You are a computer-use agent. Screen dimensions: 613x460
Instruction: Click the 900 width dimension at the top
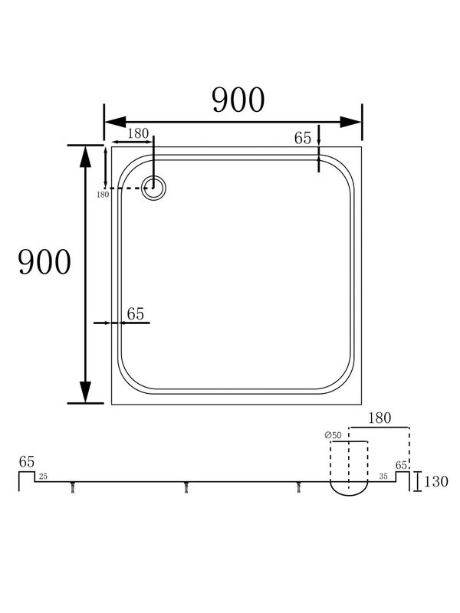click(238, 100)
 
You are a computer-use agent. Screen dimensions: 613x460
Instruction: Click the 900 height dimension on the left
click(44, 263)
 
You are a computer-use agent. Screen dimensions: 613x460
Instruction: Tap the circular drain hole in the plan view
click(155, 188)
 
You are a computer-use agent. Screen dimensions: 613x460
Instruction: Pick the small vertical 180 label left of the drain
click(103, 195)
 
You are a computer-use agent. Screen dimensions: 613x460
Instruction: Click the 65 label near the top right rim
click(303, 138)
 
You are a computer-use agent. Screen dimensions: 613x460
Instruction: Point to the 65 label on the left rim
click(135, 313)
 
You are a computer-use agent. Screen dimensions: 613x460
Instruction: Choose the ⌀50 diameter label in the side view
click(333, 436)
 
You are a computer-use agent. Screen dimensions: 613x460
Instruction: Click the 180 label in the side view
click(379, 418)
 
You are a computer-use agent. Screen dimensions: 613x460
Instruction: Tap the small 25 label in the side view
click(43, 477)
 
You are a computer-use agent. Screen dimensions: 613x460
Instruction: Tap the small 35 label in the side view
click(383, 477)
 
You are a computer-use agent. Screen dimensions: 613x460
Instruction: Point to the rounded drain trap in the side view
click(349, 487)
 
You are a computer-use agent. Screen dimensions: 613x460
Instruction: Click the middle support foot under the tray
click(186, 488)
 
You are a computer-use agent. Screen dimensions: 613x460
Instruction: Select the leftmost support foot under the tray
click(74, 488)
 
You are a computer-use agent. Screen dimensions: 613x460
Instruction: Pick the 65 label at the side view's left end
click(27, 462)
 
